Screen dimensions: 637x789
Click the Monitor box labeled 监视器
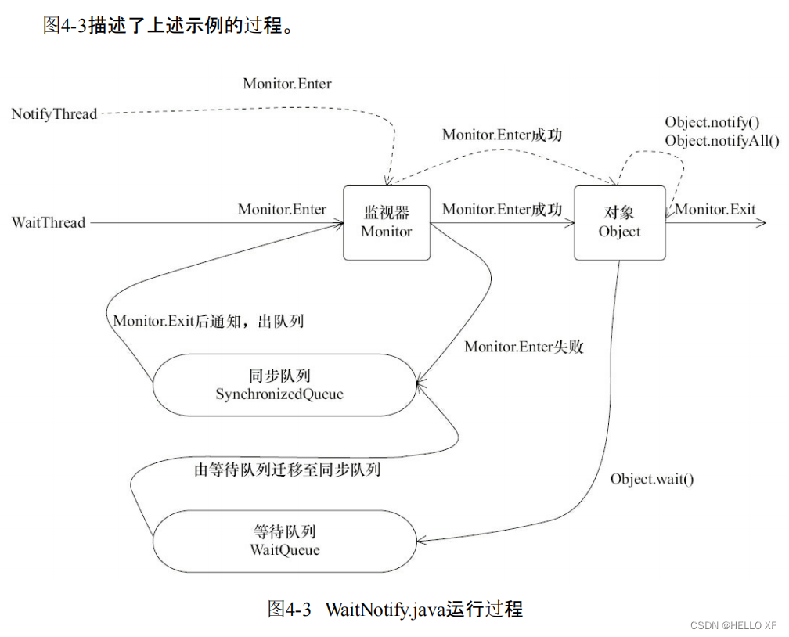click(x=387, y=222)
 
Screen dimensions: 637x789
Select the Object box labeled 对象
click(x=619, y=222)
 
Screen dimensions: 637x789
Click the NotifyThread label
click(x=54, y=114)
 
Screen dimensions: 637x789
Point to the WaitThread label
click(x=49, y=223)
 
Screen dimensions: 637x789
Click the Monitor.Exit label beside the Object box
click(x=715, y=209)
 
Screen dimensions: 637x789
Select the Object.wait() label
click(x=652, y=479)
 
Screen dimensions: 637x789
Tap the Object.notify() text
click(x=712, y=122)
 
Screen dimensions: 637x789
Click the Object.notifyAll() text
click(x=722, y=141)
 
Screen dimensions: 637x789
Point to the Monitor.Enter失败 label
click(x=524, y=347)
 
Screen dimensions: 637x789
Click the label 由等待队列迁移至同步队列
click(x=287, y=470)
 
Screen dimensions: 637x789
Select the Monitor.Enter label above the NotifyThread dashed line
click(x=287, y=84)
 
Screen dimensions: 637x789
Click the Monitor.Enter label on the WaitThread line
click(x=282, y=209)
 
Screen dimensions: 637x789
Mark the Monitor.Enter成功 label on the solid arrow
click(x=502, y=209)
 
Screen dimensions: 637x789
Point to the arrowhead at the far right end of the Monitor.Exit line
click(x=761, y=223)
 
